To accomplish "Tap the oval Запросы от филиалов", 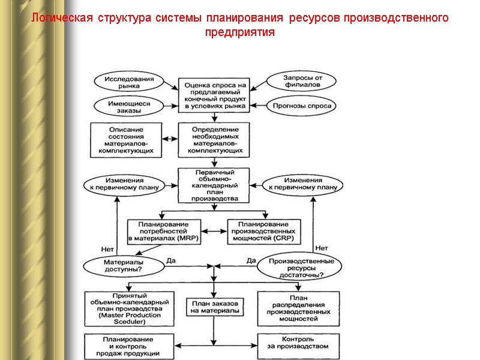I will [302, 80].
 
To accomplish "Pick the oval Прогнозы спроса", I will [302, 106].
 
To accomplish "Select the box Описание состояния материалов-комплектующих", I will [127, 140].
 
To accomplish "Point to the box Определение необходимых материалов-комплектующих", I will [214, 140].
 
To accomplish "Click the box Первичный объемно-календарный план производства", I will [214, 185].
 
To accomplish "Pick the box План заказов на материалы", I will [214, 307].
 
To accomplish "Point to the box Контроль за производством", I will [298, 343].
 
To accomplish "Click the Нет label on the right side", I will [321, 248].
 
